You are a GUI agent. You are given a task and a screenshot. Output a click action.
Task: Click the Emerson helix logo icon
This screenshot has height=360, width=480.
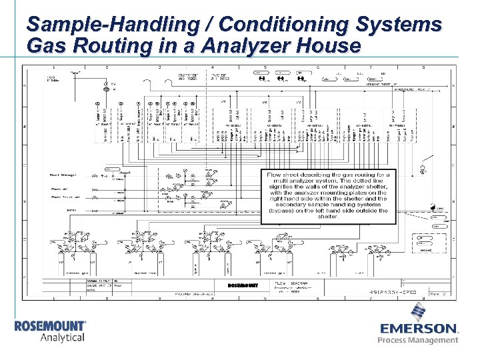(x=419, y=313)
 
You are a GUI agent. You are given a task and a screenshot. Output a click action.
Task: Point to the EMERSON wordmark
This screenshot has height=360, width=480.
(x=419, y=329)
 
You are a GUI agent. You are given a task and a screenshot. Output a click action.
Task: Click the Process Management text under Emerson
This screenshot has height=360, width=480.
(x=418, y=341)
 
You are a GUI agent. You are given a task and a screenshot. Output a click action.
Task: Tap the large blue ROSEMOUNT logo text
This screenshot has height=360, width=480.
(x=50, y=326)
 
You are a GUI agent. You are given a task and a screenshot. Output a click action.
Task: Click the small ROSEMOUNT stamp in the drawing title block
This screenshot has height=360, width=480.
(x=241, y=285)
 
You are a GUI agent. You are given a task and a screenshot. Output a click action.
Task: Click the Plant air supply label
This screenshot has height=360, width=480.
(x=59, y=189)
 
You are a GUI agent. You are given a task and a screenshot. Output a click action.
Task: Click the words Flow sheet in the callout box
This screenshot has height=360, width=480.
(x=284, y=174)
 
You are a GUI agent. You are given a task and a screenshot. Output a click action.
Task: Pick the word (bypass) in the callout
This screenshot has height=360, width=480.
(x=285, y=211)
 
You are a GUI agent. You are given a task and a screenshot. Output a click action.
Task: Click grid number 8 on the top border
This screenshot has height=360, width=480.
(x=423, y=67)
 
